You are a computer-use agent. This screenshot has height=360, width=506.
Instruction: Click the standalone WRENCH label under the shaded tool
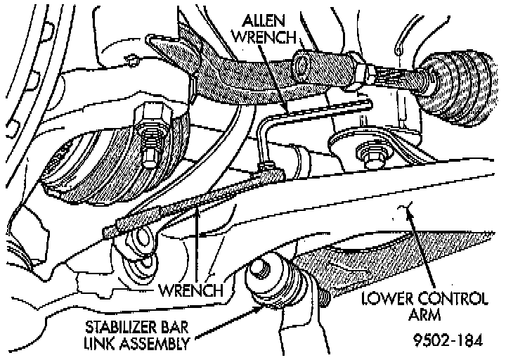tap(191, 289)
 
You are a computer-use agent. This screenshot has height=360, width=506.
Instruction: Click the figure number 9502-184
tap(448, 342)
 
